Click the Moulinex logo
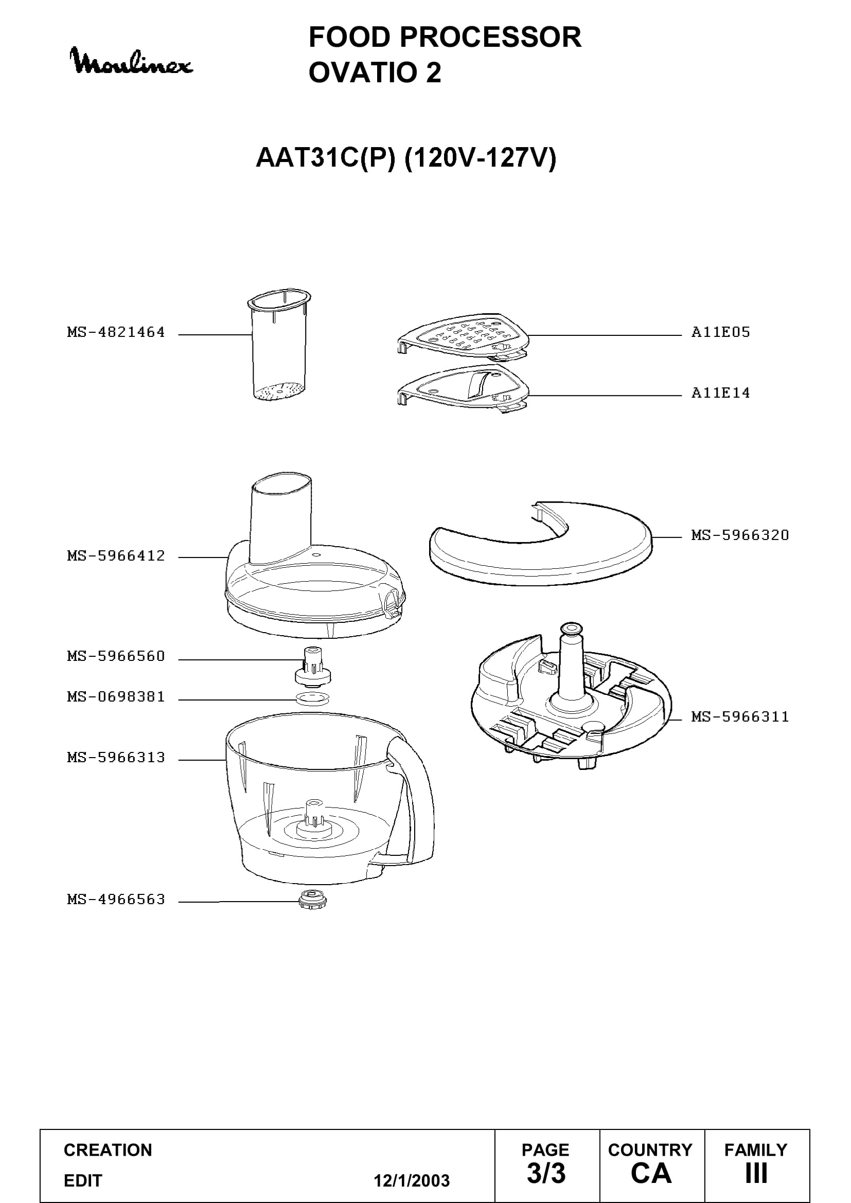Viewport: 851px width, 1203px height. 132,61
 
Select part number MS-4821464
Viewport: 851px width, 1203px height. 116,332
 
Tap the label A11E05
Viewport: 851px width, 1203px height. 720,332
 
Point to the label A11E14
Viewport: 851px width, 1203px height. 720,393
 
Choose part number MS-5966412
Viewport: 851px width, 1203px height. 116,555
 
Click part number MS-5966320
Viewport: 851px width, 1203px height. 740,535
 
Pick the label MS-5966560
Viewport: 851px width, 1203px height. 116,656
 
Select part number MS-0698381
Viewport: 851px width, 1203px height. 116,696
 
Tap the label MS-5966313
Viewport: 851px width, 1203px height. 116,757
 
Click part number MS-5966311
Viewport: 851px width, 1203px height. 740,717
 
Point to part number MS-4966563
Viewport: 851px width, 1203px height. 116,899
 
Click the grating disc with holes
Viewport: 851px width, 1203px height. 463,336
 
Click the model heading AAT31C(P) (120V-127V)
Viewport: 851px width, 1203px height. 405,158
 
